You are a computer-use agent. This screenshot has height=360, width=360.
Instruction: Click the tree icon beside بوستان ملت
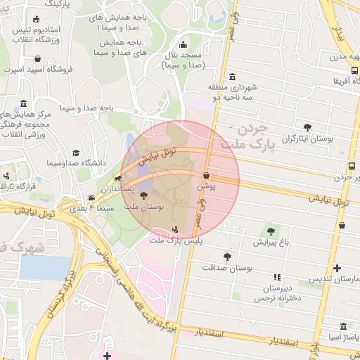pos(144,196)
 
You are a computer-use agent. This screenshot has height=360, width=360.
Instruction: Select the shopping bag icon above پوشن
pos(206,176)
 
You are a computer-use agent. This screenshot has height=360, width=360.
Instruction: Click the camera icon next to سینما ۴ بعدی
pos(91,198)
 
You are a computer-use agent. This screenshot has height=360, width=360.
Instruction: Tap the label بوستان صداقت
pos(227,268)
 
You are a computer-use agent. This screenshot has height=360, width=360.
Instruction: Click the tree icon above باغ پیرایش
pos(271,231)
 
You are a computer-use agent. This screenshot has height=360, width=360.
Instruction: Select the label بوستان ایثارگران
pos(306,139)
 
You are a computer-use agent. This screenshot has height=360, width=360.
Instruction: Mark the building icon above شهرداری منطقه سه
pos(233,77)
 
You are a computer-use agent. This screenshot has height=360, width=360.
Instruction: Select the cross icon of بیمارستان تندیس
pos(337,268)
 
